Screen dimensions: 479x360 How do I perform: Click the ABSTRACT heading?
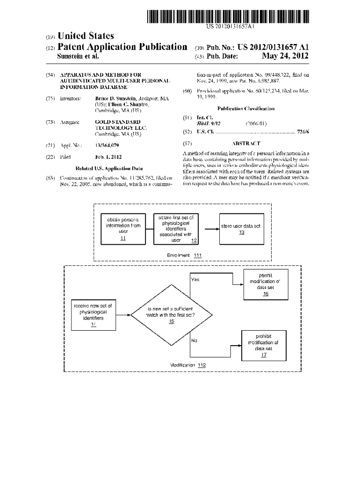click(246, 144)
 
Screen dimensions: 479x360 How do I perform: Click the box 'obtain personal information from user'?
click(123, 228)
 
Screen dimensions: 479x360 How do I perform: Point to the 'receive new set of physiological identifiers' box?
click(93, 315)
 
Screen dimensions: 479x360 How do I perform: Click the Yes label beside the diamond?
click(195, 280)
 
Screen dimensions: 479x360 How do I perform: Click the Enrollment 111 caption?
click(184, 255)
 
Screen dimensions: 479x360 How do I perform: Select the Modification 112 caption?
click(188, 364)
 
